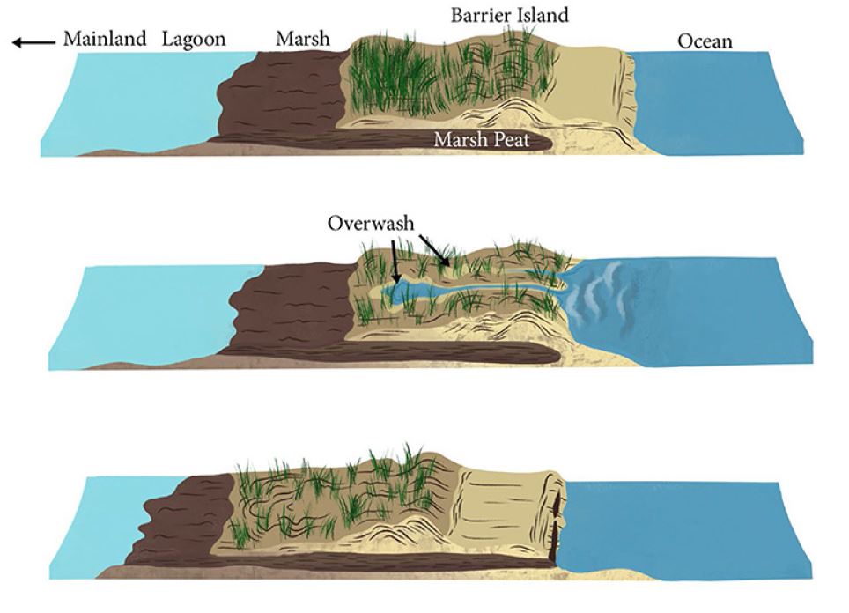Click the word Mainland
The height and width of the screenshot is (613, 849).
tap(104, 39)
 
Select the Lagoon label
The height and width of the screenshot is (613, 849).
tap(194, 39)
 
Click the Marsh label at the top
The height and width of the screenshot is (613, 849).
tap(302, 39)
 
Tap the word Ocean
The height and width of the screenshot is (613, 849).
tap(705, 41)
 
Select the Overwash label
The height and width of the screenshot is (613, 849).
tap(371, 223)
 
